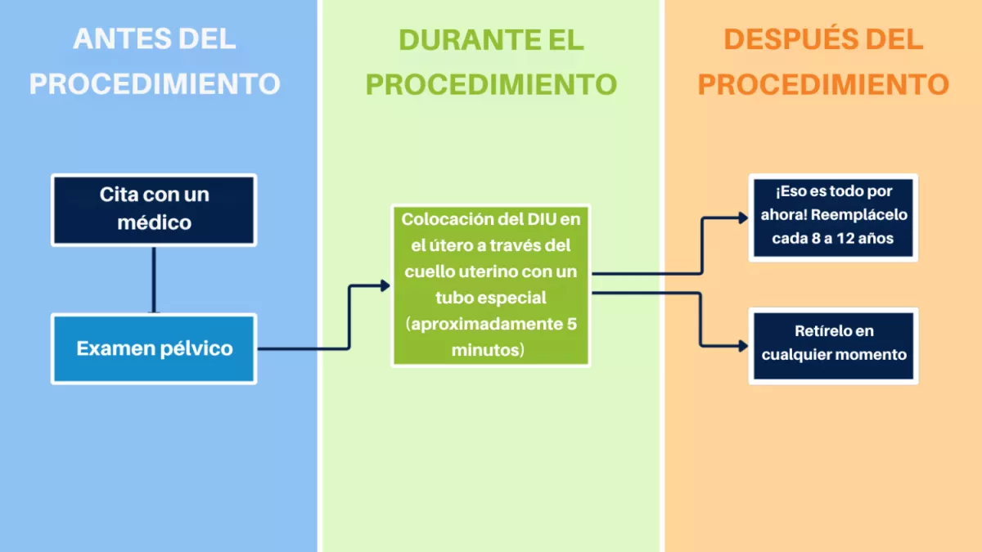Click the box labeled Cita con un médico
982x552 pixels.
click(154, 210)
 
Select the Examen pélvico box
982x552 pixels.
click(154, 348)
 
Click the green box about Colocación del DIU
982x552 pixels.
click(490, 285)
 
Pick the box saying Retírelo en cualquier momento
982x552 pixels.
click(833, 346)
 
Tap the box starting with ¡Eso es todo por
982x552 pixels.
click(833, 218)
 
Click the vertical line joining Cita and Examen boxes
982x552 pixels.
click(154, 280)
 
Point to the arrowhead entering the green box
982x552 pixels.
click(385, 285)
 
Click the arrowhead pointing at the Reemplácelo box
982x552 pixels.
click(744, 218)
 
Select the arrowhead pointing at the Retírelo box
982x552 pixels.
click(744, 346)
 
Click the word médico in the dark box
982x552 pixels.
click(155, 222)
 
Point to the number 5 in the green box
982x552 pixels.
click(572, 324)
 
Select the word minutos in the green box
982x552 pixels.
click(485, 350)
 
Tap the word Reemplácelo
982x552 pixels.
click(858, 214)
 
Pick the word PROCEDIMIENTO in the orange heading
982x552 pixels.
click(823, 84)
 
